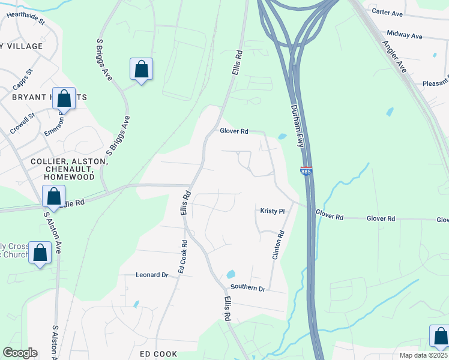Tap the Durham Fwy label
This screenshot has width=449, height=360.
[x=299, y=127]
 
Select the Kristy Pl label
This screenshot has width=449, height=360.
[x=272, y=211]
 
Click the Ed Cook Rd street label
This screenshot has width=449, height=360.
[x=182, y=257]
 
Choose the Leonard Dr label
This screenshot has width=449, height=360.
[x=152, y=274]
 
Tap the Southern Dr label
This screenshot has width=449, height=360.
[x=248, y=289]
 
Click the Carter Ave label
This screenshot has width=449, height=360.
[x=387, y=12]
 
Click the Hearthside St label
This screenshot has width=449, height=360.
[x=25, y=16]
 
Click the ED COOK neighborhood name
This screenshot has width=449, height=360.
[x=158, y=354]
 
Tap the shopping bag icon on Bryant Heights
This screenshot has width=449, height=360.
[x=64, y=98]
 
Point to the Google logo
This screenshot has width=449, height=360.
[x=20, y=353]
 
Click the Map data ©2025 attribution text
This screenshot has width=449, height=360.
[x=423, y=355]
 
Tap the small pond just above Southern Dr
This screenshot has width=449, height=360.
[x=231, y=275]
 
